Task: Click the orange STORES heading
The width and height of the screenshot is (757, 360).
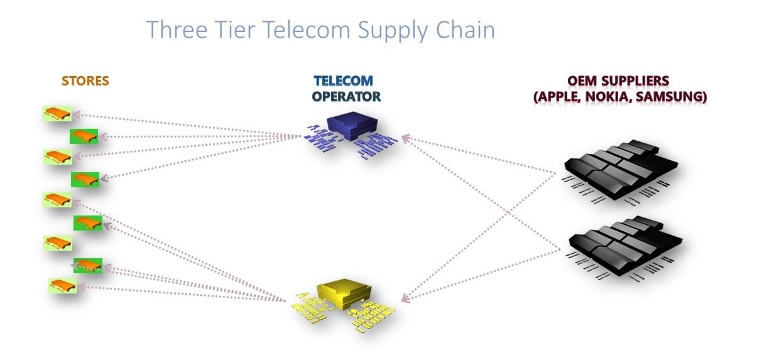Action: coord(85,81)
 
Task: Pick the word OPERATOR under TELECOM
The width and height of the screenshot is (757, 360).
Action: coord(346,97)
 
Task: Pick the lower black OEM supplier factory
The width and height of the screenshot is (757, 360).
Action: coord(622,244)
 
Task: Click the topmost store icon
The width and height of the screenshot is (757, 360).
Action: coord(57,114)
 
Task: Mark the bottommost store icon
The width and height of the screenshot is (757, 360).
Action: coord(63,285)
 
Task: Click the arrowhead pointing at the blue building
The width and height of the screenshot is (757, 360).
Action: coord(405,136)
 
